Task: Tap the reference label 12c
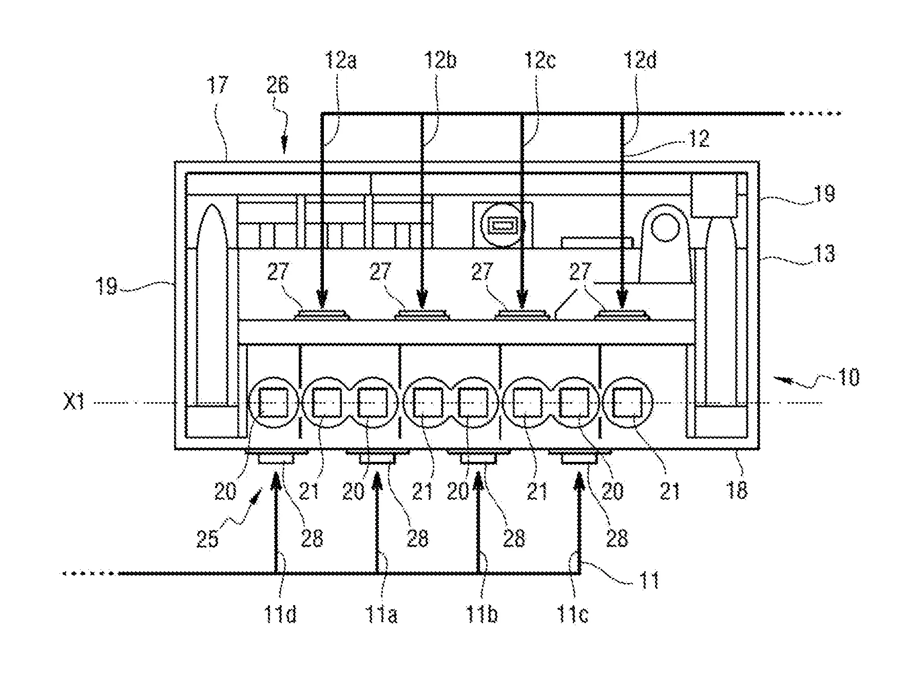(539, 61)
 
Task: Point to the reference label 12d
(640, 61)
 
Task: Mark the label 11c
(573, 614)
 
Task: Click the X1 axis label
(73, 403)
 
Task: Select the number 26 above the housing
(277, 85)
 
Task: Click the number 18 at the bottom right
(738, 491)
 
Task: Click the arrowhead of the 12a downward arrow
(322, 298)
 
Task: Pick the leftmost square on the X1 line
(274, 403)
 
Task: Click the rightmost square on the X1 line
(628, 403)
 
